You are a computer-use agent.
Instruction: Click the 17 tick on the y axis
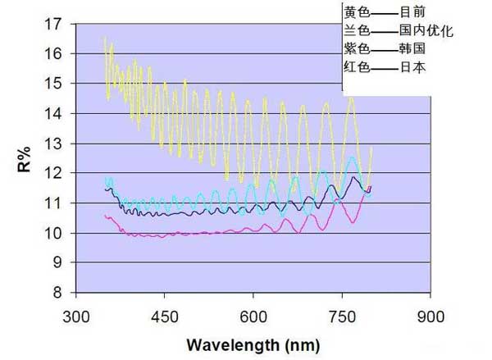55,24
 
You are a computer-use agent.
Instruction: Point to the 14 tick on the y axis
55,113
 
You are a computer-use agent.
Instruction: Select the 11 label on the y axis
55,203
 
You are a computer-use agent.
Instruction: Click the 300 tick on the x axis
76,316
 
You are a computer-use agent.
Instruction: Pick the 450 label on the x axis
165,316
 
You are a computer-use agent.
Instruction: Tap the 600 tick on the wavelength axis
253,316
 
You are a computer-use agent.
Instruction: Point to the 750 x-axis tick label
342,316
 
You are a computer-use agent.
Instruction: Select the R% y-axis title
24,157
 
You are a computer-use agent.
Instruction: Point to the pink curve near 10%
205,233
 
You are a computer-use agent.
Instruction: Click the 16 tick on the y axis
55,53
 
